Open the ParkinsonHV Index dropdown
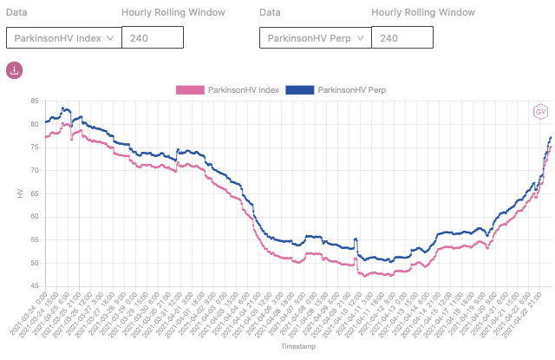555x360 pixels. [62, 38]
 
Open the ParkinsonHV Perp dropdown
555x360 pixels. [315, 38]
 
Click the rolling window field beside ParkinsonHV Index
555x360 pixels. [152, 38]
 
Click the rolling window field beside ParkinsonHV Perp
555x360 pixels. [402, 38]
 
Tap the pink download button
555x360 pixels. [15, 70]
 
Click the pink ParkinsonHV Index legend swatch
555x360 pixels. [190, 90]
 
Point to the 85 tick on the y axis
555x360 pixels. [34, 101]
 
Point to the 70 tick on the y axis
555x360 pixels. [34, 170]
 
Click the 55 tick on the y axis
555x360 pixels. [34, 239]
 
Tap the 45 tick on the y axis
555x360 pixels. [34, 285]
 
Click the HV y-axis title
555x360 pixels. [20, 193]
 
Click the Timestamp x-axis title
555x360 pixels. [286, 345]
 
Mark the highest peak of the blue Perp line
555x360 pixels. [65, 108]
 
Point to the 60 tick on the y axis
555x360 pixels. [34, 216]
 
